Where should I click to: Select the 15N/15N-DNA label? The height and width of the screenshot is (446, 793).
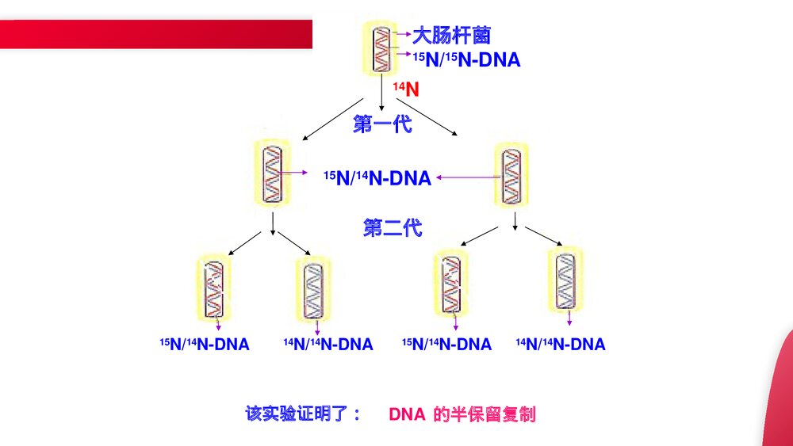[466, 59]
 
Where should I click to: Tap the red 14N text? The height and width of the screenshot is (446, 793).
[406, 89]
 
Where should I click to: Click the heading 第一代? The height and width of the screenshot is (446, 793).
[383, 124]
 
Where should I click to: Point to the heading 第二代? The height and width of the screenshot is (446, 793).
[393, 228]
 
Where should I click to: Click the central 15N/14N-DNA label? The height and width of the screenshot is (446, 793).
[377, 178]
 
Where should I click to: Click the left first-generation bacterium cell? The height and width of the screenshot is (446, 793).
[273, 175]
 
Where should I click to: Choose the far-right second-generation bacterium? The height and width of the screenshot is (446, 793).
[566, 280]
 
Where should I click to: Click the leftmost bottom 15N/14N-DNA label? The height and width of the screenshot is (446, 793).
[205, 345]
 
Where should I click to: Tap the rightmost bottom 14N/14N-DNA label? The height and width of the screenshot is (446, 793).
[561, 345]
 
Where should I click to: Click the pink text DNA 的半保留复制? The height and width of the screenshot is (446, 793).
[462, 414]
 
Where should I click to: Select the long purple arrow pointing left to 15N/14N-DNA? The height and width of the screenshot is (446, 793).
[465, 178]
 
